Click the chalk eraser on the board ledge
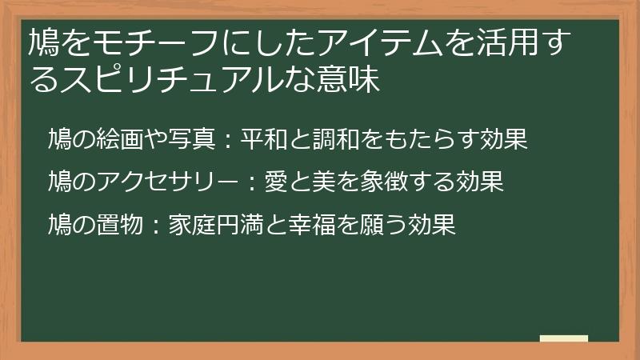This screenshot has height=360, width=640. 564,338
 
